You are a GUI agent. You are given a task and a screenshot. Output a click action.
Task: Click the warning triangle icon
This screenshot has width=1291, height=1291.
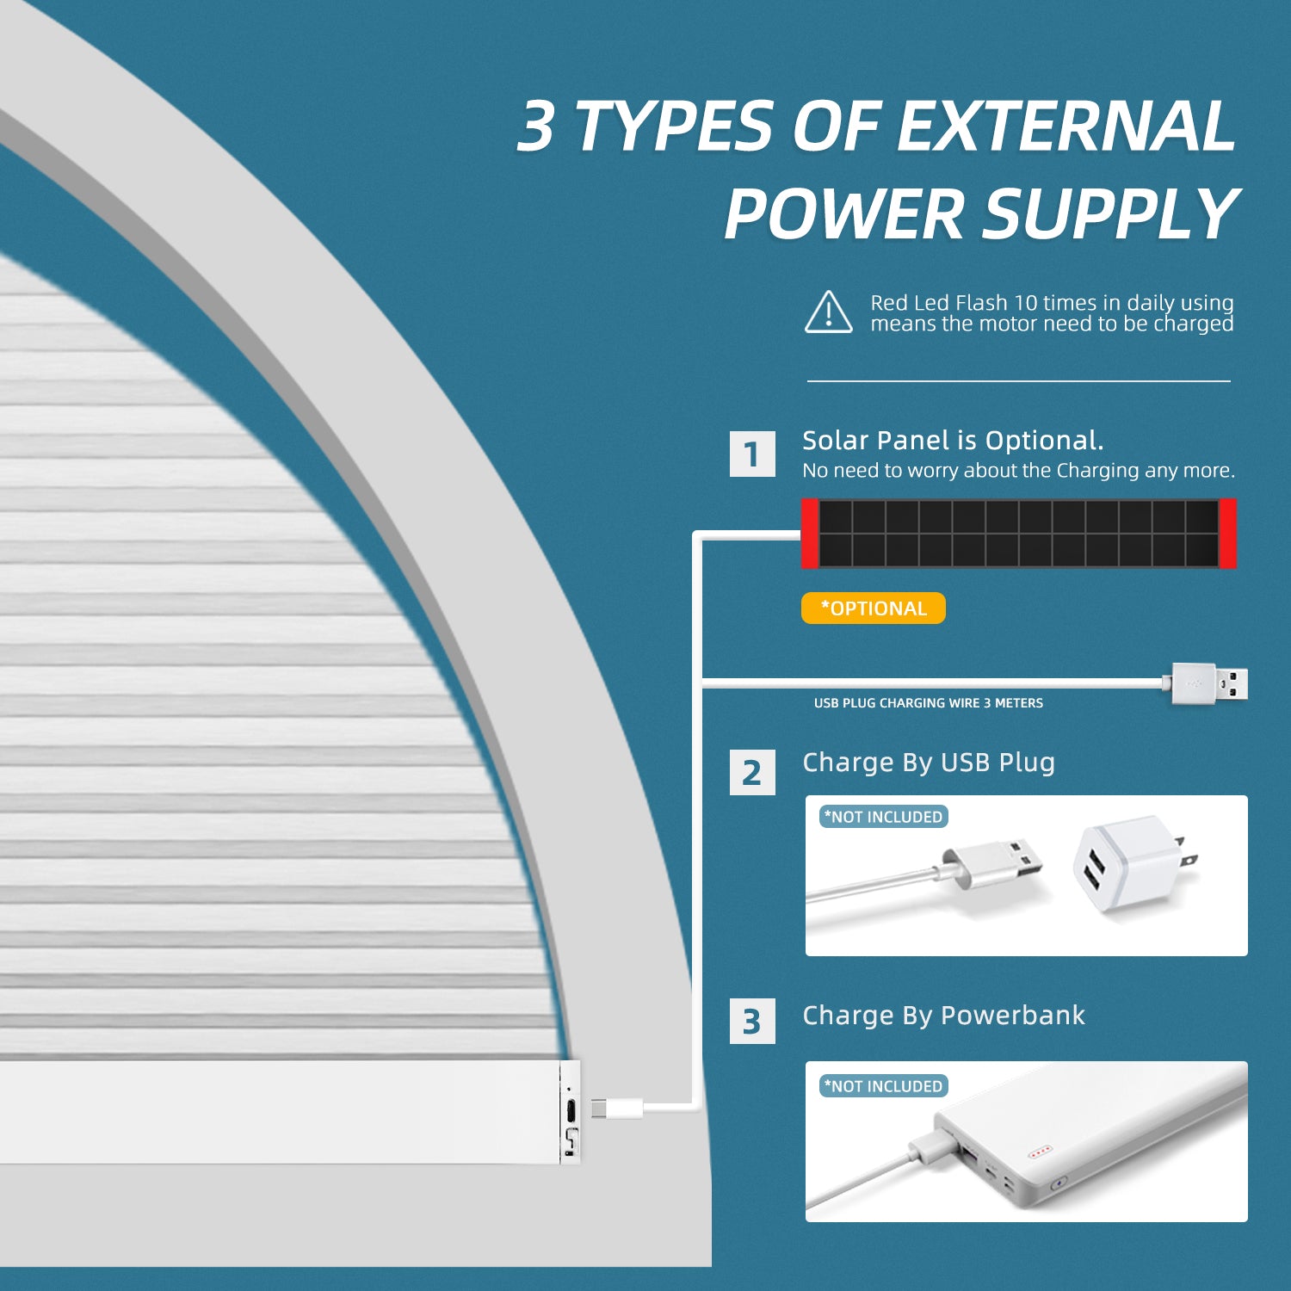[x=829, y=312]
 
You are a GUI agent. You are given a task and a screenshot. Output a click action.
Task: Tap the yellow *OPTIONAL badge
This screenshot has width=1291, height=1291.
[x=873, y=608]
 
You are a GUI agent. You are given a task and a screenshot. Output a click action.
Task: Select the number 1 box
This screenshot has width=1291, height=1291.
[x=752, y=454]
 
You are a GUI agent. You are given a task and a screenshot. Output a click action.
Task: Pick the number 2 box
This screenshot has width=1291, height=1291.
[x=752, y=772]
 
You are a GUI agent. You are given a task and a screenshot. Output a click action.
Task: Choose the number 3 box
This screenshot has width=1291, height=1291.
[x=752, y=1021]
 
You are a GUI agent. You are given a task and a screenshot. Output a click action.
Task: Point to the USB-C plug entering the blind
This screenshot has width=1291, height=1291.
[x=616, y=1108]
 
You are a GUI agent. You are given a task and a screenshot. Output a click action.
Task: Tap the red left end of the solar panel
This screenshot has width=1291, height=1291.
[x=810, y=534]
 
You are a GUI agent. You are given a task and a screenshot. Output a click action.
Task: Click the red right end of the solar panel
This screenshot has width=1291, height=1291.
[x=1227, y=534]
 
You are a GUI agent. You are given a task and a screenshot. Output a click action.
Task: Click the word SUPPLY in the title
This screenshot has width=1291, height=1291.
[x=1109, y=213]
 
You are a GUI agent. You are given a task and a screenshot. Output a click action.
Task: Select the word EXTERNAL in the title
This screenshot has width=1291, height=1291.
[x=1066, y=126]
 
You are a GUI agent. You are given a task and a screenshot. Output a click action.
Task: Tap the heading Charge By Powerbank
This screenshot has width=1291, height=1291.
[x=943, y=1016]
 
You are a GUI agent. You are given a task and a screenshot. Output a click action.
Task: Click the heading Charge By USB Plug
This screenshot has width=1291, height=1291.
[x=929, y=763]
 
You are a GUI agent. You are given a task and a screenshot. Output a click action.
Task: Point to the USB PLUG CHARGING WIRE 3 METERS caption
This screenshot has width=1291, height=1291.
[x=929, y=703]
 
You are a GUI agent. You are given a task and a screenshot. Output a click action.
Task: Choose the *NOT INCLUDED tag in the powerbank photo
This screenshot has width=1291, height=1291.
[x=884, y=1086]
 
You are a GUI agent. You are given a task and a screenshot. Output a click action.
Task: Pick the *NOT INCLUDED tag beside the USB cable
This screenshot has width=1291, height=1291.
[x=884, y=817]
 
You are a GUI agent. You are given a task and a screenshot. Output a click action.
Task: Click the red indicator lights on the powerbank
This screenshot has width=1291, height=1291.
[x=1040, y=1152]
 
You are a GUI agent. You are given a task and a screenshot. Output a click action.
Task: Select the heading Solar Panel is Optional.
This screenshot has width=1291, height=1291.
[x=953, y=441]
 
